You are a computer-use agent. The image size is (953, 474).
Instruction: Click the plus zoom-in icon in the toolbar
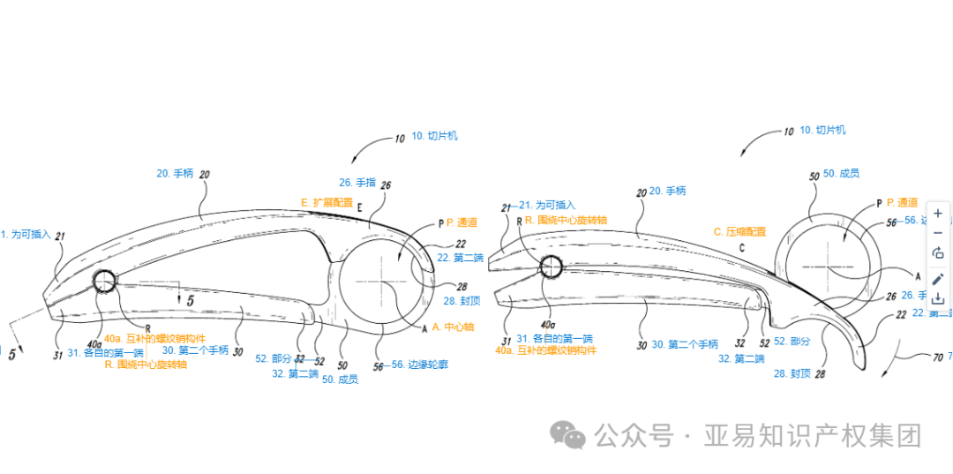(937, 213)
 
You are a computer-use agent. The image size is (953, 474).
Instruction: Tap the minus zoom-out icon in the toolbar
(937, 233)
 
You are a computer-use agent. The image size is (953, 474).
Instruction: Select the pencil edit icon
(937, 278)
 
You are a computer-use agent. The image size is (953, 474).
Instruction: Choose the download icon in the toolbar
(937, 299)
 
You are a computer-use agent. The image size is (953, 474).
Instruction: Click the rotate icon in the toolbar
(937, 253)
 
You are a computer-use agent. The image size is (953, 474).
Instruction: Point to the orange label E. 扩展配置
(326, 202)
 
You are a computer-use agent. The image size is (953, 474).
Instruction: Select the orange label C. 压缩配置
(739, 231)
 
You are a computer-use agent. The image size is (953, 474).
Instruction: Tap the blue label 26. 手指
(357, 183)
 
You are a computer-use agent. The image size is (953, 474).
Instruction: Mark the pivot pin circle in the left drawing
(103, 282)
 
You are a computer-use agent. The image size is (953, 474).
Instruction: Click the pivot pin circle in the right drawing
(552, 265)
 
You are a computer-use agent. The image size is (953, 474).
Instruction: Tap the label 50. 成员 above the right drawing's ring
(842, 174)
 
